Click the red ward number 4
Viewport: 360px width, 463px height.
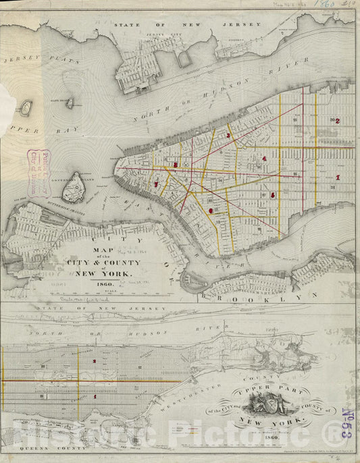click(264, 159)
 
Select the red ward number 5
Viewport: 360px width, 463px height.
click(272, 195)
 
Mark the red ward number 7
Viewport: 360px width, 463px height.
click(156, 184)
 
